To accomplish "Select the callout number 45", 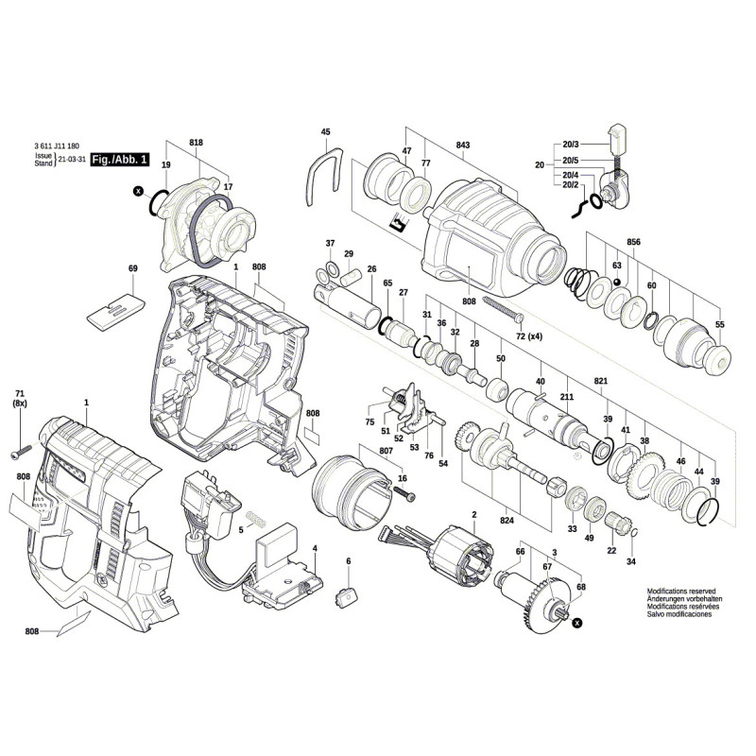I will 326,132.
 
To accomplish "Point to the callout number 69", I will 132,268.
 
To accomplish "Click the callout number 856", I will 633,242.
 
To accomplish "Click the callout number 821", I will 599,381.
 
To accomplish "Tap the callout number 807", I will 387,451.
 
